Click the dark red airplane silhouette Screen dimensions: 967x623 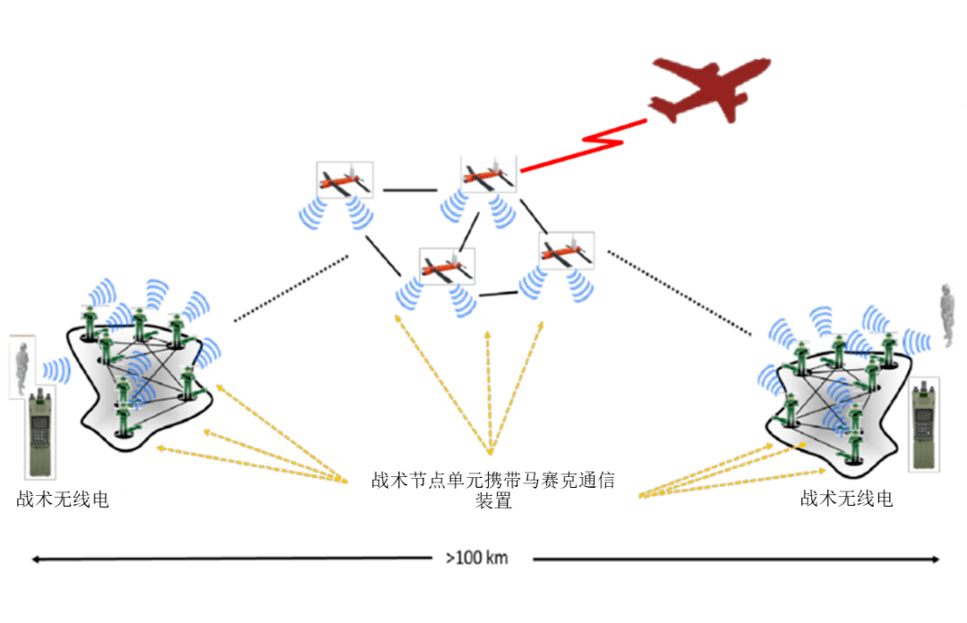point(709,90)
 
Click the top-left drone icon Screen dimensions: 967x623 point(345,180)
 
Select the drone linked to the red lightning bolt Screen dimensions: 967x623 point(489,174)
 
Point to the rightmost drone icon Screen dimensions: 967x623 point(567,251)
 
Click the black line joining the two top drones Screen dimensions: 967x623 point(410,190)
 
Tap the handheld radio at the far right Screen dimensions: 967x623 point(924,425)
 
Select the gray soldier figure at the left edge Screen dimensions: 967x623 point(22,367)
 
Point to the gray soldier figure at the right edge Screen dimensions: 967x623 point(947,313)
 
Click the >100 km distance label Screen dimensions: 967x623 point(476,558)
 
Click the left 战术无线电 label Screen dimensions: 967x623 point(63,499)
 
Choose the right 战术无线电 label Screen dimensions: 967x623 point(846,498)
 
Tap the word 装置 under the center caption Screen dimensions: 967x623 point(493,500)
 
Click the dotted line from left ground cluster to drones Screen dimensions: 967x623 point(291,288)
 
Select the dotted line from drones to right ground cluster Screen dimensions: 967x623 point(679,293)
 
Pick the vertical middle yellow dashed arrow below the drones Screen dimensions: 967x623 point(489,392)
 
